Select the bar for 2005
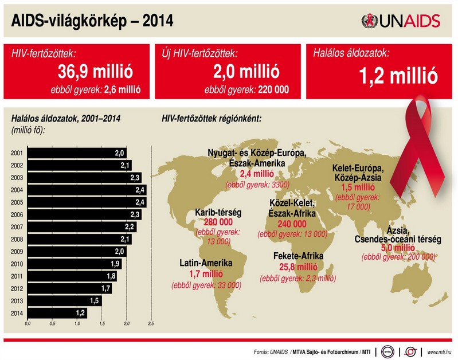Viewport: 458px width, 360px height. (86, 202)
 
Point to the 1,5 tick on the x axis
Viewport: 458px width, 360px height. (101, 324)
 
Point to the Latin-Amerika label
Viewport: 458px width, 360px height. (205, 264)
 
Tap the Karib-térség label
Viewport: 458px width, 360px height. (218, 212)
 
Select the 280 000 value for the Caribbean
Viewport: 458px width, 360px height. (218, 222)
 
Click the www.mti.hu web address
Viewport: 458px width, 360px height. (440, 351)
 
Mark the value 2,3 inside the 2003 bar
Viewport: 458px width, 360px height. (135, 178)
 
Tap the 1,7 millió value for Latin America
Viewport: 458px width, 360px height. (205, 275)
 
